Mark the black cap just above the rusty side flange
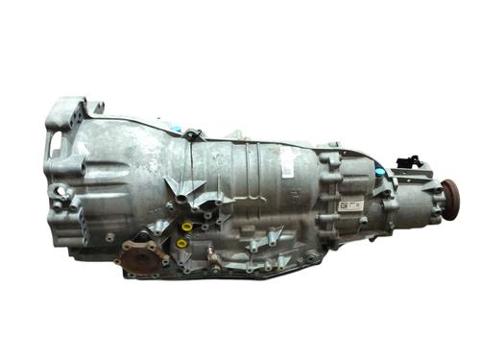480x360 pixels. tap(142, 236)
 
